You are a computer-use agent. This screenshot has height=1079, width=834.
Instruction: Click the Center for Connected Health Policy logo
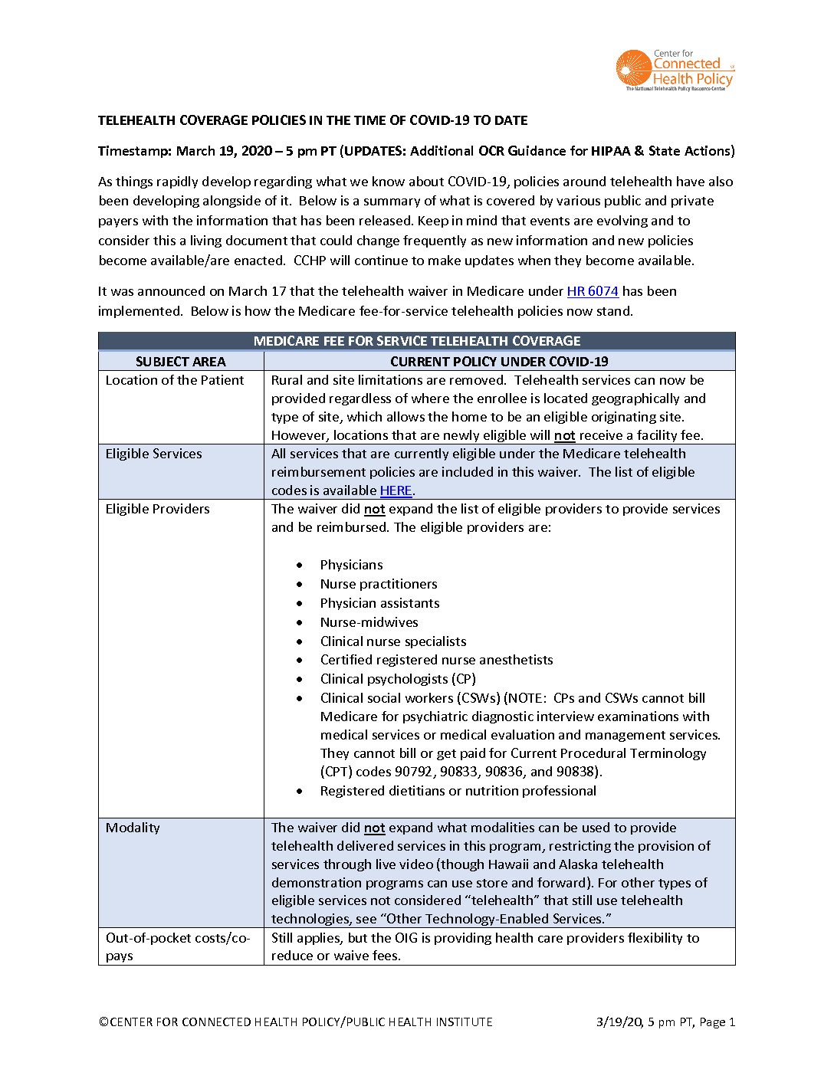click(x=675, y=71)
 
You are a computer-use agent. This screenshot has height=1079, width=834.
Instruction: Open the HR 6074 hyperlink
click(x=593, y=291)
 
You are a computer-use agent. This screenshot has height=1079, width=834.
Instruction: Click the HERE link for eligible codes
click(x=396, y=490)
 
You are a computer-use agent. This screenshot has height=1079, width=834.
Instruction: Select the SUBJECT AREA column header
click(x=181, y=362)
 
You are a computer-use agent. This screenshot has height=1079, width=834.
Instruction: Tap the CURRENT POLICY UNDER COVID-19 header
click(x=499, y=362)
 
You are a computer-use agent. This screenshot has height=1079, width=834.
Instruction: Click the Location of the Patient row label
click(x=175, y=380)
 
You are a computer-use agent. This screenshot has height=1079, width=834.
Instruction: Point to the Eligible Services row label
click(x=154, y=454)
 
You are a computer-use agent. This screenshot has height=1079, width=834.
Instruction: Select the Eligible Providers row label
click(x=158, y=509)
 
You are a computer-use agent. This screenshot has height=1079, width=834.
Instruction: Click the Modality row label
click(x=133, y=828)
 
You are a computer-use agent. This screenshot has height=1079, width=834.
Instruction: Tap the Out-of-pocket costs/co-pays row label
click(x=178, y=946)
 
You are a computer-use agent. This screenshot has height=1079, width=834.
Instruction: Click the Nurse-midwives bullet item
click(x=369, y=622)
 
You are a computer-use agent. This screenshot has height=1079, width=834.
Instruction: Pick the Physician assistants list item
click(x=380, y=603)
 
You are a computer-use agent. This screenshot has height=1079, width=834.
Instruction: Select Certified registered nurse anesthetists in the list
click(x=437, y=660)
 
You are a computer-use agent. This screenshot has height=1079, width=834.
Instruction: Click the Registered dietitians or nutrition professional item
click(x=458, y=791)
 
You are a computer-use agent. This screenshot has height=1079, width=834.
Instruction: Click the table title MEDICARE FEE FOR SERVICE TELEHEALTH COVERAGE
click(x=417, y=341)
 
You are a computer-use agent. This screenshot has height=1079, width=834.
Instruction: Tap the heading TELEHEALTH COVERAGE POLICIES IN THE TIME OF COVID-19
click(x=313, y=120)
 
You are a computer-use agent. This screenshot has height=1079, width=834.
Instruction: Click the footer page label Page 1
click(x=717, y=1022)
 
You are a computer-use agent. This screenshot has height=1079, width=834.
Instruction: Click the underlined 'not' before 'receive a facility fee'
click(x=565, y=435)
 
